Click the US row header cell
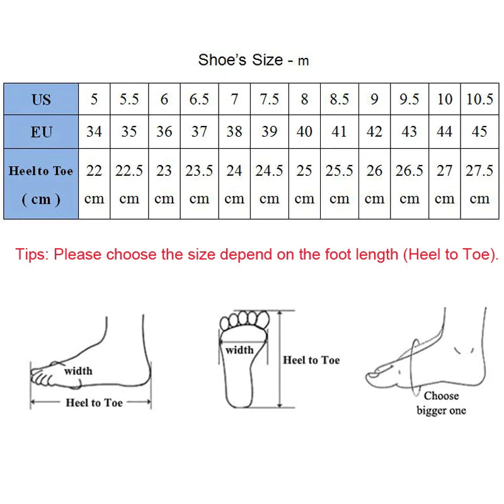[x=41, y=99]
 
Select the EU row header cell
[x=41, y=132]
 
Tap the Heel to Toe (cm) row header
[x=41, y=184]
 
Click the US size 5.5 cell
[x=129, y=99]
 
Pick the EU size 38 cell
[x=234, y=132]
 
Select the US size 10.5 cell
[x=479, y=99]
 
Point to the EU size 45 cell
[x=479, y=132]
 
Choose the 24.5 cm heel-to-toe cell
[x=269, y=184]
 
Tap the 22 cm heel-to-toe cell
[x=94, y=184]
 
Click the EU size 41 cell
[x=339, y=132]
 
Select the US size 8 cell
[x=304, y=99]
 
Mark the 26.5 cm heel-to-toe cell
[x=409, y=184]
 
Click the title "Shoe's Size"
[x=241, y=60]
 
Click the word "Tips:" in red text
[x=32, y=255]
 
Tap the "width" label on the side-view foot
[x=77, y=371]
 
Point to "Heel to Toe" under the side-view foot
[x=94, y=403]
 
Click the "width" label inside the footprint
[x=239, y=350]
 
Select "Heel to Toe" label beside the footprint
[x=311, y=360]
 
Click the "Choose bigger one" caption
[x=441, y=403]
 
